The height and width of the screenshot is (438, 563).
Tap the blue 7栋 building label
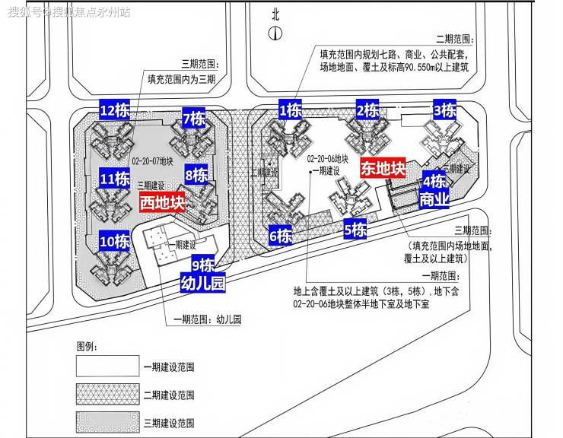click(x=193, y=119)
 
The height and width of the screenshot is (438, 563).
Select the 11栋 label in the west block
click(x=114, y=179)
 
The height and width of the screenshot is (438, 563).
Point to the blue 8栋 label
click(x=196, y=176)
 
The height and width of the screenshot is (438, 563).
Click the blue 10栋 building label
click(x=115, y=243)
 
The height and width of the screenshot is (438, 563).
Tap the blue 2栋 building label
click(x=367, y=111)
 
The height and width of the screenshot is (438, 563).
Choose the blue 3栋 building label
click(x=444, y=111)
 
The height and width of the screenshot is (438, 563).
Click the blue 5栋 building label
click(x=355, y=229)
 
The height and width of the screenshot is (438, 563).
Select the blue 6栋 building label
click(x=281, y=236)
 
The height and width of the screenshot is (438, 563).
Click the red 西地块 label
click(x=162, y=203)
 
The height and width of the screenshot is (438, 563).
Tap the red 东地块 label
click(x=383, y=168)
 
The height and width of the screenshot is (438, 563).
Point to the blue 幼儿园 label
click(x=202, y=285)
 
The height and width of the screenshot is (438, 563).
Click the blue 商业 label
click(x=434, y=200)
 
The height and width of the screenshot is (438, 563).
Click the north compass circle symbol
click(x=275, y=33)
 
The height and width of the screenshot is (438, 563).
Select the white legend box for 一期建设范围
click(x=107, y=367)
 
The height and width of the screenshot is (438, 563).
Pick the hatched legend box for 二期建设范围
click(x=107, y=395)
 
